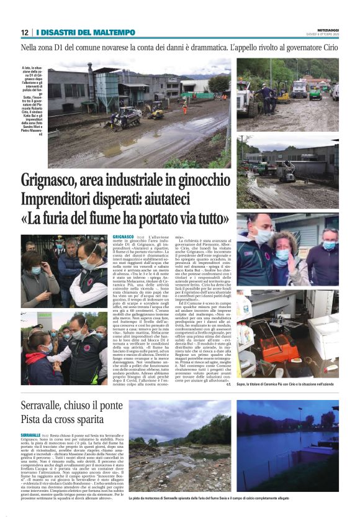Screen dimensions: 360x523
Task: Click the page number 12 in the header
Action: coord(25,32)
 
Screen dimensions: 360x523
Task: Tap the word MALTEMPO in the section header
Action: coord(114,32)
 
